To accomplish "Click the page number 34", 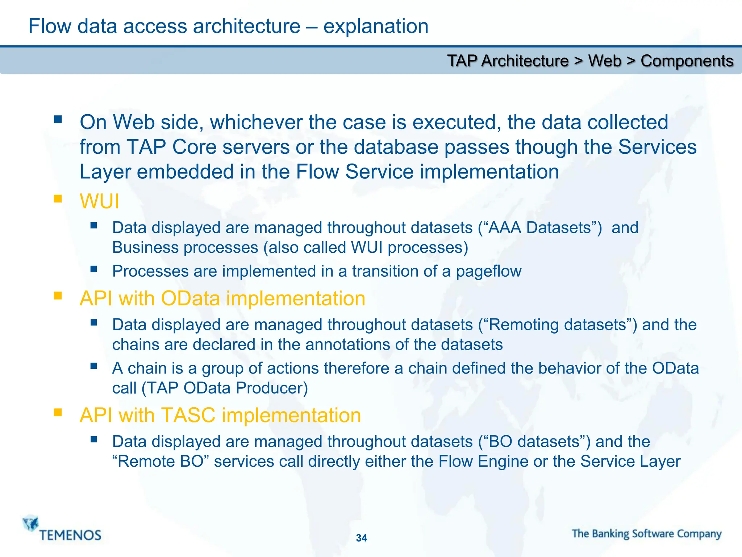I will (361, 538).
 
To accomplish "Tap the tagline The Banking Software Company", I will (647, 534).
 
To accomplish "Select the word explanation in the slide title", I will (376, 26).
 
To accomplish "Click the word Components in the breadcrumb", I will (687, 61).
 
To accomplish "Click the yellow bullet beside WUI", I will (58, 199).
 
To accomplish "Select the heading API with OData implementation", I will (222, 298).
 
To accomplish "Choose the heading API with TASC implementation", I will (220, 415).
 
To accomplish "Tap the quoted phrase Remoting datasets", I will (558, 325).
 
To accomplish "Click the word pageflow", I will (488, 271).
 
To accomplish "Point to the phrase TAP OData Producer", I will (225, 388).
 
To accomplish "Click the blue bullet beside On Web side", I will (58, 119).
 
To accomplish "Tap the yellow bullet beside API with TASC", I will (58, 412).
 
